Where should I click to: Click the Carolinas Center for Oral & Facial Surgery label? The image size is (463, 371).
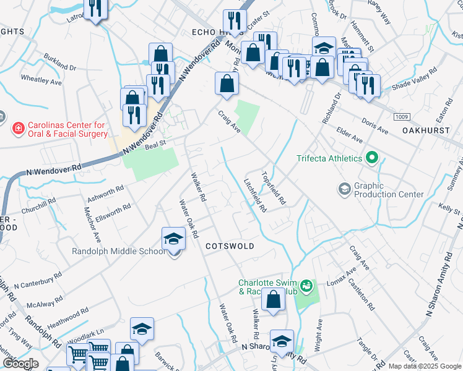pyautogui.click(x=60, y=129)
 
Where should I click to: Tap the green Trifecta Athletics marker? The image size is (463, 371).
pyautogui.click(x=371, y=158)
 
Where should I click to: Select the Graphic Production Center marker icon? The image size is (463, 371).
pyautogui.click(x=344, y=187)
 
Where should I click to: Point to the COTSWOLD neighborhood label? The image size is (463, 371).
pyautogui.click(x=230, y=246)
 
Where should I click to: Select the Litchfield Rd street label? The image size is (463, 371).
pyautogui.click(x=254, y=196)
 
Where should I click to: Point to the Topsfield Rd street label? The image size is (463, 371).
pyautogui.click(x=274, y=188)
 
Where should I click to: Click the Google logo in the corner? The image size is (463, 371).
pyautogui.click(x=20, y=364)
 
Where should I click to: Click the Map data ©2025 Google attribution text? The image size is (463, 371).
pyautogui.click(x=424, y=366)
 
